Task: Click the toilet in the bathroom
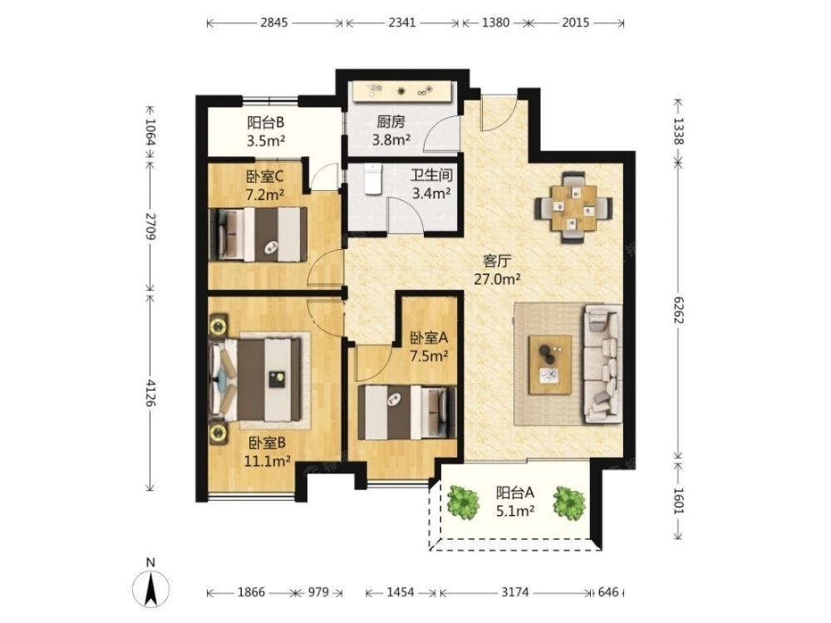[x=373, y=179]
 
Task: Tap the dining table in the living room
[x=573, y=207]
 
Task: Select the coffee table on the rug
[x=550, y=365]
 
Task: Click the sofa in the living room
[x=602, y=364]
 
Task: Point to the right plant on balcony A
[x=568, y=503]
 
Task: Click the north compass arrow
[x=151, y=589]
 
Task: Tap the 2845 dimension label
[x=274, y=22]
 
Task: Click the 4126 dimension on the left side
[x=151, y=393]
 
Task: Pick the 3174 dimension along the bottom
[x=514, y=591]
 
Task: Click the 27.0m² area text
[x=497, y=278]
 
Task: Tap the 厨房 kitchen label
[x=391, y=122]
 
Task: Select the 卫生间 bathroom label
[x=431, y=175]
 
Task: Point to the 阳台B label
[x=266, y=122]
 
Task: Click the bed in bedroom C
[x=258, y=234]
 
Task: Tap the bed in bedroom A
[x=407, y=412]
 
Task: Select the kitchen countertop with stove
[x=401, y=91]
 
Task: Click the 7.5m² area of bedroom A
[x=429, y=356]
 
